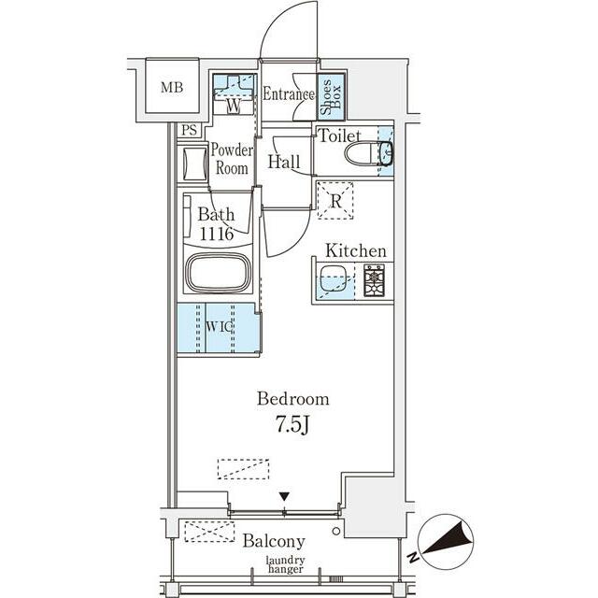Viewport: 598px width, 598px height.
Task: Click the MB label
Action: point(172,87)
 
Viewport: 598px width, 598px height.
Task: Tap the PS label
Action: point(189,131)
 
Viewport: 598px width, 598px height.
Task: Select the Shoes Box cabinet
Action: point(332,96)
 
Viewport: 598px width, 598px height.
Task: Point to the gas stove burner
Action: point(374,280)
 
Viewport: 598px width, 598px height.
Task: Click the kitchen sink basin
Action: point(333,278)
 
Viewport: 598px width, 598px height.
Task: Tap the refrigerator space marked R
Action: point(335,201)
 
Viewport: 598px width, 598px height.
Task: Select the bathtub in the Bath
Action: point(218,272)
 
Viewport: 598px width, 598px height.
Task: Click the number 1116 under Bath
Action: point(217,234)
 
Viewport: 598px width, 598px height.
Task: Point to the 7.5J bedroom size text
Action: point(292,424)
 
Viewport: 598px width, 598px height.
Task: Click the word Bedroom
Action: point(292,399)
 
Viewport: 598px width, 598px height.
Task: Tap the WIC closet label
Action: point(220,327)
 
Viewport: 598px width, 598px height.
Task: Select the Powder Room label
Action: point(232,159)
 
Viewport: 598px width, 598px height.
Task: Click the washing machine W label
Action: point(234,106)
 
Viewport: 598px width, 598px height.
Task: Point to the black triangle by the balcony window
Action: point(284,497)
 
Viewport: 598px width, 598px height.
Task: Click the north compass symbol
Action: point(446,542)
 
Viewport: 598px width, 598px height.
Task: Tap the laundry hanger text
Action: point(285,564)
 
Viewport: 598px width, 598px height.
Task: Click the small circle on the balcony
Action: point(336,532)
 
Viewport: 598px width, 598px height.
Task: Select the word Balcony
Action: point(274,542)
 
